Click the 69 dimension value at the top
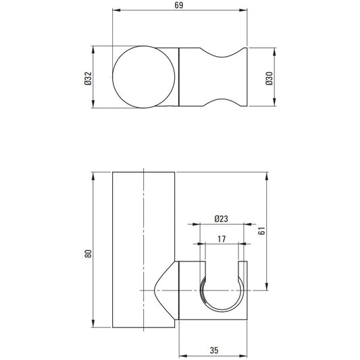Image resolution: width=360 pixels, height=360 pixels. [x=179, y=5]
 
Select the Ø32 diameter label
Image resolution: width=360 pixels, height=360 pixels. [x=88, y=78]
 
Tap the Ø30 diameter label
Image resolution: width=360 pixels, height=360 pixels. [x=269, y=78]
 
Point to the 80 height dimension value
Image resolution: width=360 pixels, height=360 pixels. [x=88, y=253]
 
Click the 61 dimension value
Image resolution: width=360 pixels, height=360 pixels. [x=261, y=230]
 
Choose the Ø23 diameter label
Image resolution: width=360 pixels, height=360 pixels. [x=222, y=219]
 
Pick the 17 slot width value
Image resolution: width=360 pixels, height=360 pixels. [x=222, y=239]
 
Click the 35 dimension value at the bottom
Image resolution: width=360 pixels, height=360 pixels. [x=214, y=351]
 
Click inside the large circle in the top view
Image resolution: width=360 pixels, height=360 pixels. [x=144, y=77]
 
